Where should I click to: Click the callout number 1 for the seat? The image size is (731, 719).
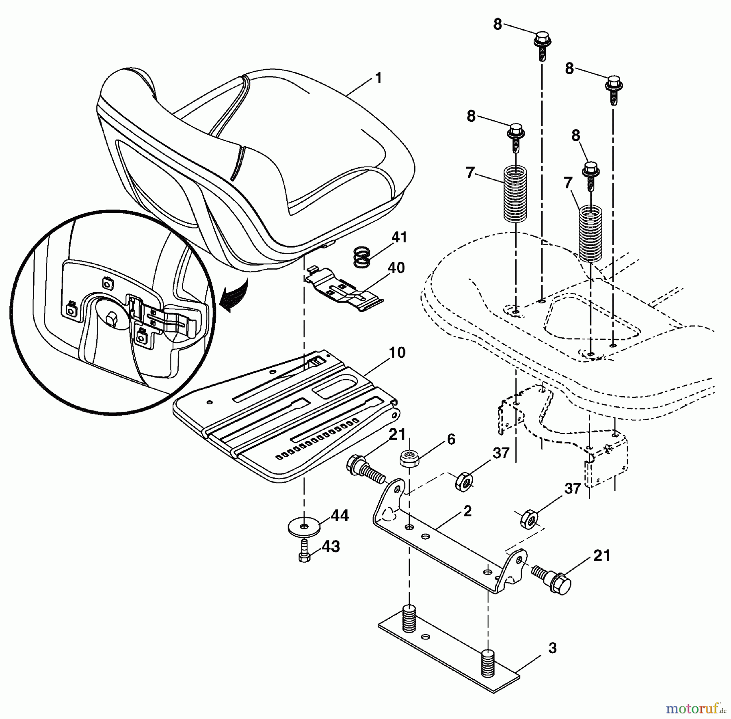point(378,78)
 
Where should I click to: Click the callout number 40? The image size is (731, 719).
point(396,268)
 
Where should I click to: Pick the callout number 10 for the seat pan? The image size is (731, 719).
point(397,352)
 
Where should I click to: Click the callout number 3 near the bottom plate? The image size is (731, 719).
point(552,648)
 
